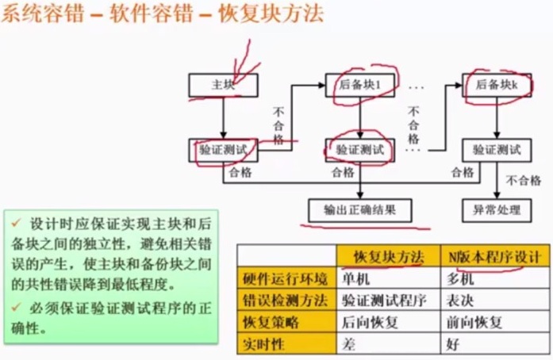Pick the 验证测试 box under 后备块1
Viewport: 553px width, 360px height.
(x=359, y=148)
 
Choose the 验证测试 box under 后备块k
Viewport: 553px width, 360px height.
(x=497, y=148)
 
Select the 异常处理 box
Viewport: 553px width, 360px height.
(x=497, y=210)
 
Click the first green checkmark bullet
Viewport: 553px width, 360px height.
(x=16, y=217)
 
